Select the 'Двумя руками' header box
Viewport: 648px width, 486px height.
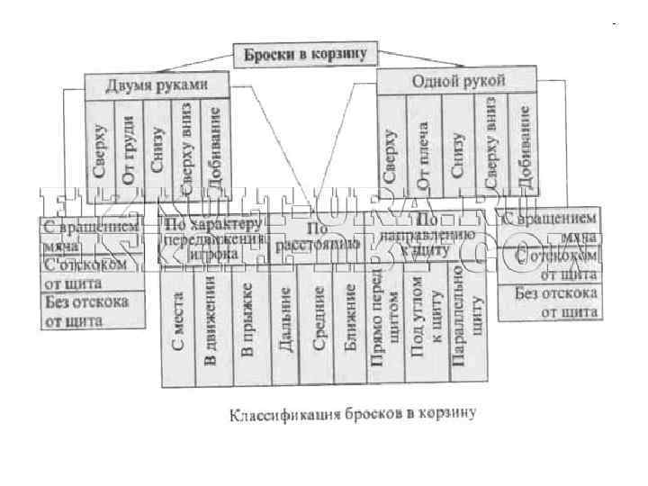click(157, 85)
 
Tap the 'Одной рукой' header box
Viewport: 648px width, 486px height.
click(458, 80)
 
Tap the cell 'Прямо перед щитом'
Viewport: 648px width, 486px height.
click(384, 328)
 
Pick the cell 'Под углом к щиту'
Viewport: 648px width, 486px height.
click(424, 328)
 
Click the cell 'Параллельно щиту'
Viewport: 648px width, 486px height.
click(462, 328)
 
